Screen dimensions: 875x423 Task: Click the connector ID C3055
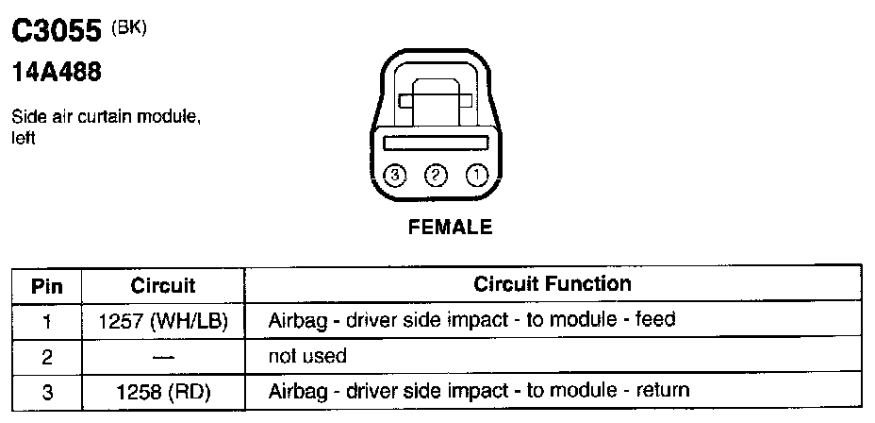(56, 33)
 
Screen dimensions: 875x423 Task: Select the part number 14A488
(56, 73)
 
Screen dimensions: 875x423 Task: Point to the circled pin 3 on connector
(395, 174)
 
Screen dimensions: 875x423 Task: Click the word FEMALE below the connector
(450, 227)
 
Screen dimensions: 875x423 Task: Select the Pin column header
(47, 285)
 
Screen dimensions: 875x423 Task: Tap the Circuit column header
(162, 285)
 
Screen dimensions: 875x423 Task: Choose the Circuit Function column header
(553, 284)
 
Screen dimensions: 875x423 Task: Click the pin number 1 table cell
(47, 320)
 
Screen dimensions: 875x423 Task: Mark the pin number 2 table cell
(47, 356)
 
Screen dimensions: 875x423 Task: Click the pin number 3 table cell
(47, 390)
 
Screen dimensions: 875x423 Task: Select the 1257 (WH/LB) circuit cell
(162, 320)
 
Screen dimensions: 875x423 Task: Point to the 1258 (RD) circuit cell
(162, 390)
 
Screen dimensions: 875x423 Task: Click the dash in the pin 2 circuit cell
(162, 356)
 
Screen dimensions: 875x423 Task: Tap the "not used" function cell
(308, 356)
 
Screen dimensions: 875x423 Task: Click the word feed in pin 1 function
(656, 319)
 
